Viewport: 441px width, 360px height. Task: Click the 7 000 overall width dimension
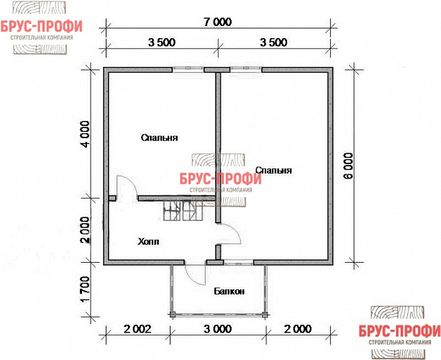click(218, 22)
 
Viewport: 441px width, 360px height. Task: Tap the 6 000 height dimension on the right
click(348, 166)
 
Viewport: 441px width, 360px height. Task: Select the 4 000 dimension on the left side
click(85, 134)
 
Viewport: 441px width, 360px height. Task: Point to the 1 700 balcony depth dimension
click(85, 289)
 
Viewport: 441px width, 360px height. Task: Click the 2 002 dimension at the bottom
click(138, 329)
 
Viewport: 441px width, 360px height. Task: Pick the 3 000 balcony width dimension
click(218, 329)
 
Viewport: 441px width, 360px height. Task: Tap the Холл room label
click(148, 242)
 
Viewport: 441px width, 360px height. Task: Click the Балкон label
click(229, 292)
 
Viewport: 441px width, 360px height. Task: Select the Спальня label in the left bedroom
click(160, 138)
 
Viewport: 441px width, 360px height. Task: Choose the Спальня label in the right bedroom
click(273, 171)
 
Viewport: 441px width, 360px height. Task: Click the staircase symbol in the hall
click(183, 210)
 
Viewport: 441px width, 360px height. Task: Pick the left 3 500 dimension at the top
click(162, 42)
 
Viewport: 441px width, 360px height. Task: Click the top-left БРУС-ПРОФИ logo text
click(41, 27)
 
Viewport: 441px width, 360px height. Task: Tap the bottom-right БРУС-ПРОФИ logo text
click(400, 331)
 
